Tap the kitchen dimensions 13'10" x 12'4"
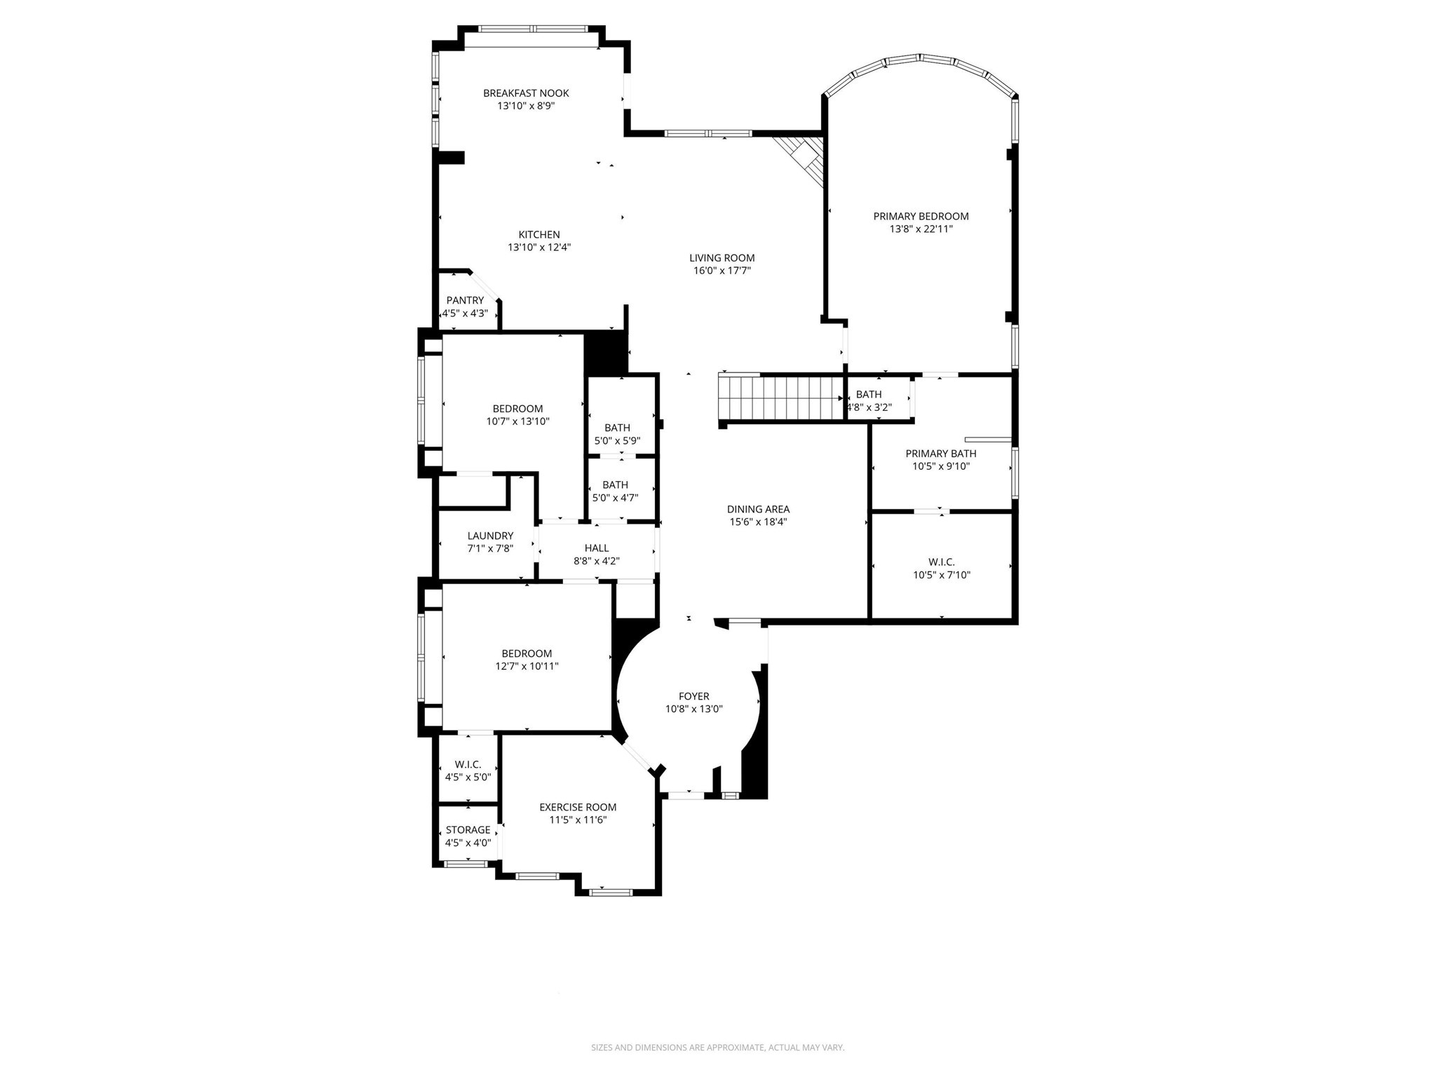[539, 248]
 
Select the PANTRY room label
[465, 301]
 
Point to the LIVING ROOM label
[722, 258]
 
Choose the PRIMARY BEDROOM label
[921, 217]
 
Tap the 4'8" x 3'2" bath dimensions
[869, 407]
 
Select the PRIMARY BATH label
[940, 454]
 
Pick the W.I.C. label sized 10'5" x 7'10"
[941, 562]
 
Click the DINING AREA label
[758, 510]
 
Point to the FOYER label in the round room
[693, 696]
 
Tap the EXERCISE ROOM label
[578, 807]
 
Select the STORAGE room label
[468, 830]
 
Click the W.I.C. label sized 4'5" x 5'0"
[468, 764]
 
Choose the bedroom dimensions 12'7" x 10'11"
[527, 667]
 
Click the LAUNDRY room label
[490, 536]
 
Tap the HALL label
[597, 548]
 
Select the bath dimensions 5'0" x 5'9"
[617, 441]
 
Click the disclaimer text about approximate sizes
[717, 1048]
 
